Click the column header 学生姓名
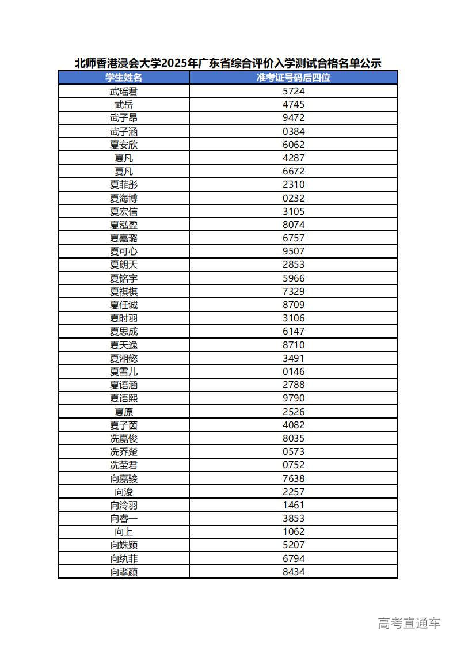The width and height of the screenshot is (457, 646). point(124,78)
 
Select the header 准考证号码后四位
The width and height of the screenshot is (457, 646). point(294,78)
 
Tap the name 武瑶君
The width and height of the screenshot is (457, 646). point(124,91)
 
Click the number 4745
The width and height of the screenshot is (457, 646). point(294,104)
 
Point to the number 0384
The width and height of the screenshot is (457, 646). point(294,131)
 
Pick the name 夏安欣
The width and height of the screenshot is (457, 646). point(124,145)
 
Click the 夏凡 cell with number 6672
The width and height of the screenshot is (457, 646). point(124,171)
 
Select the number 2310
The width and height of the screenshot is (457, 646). point(294,184)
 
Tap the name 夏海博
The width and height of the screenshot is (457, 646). point(124,198)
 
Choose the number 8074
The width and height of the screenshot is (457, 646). point(294,225)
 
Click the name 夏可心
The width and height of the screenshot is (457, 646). point(124,251)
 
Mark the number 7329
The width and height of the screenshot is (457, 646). point(294,291)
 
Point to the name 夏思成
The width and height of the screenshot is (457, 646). point(124,331)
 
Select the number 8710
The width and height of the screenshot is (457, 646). point(294,345)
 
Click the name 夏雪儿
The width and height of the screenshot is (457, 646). point(124,371)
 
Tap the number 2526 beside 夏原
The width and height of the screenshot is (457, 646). point(294,412)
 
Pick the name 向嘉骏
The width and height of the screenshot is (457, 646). point(124,478)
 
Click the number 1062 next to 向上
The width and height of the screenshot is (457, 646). point(294,531)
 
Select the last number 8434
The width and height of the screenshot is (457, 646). point(294,572)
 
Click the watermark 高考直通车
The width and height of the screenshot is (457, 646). point(409,623)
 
